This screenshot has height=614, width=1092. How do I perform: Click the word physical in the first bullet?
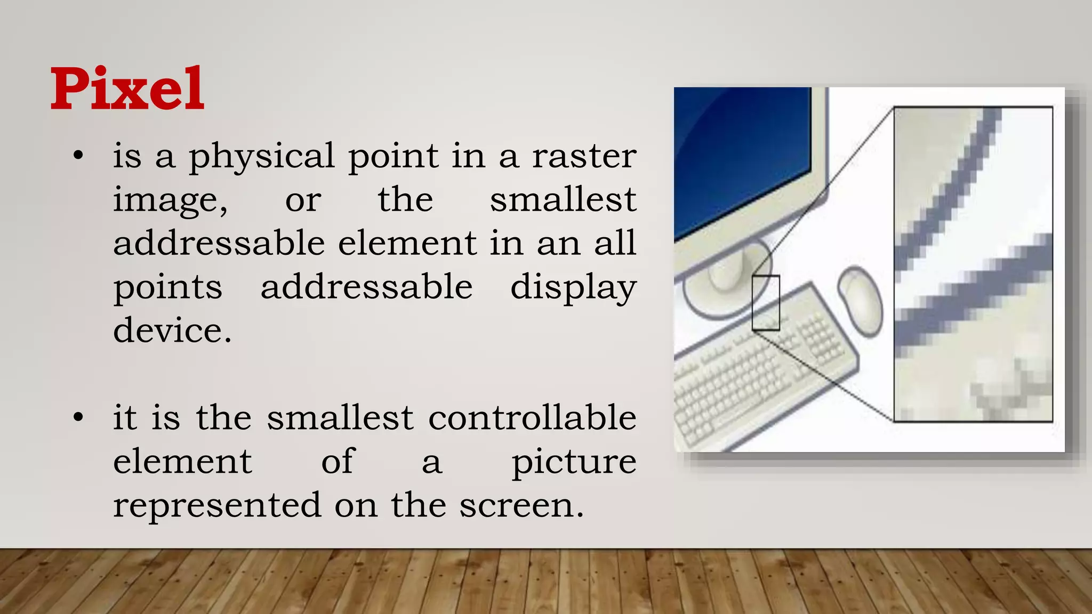pyautogui.click(x=261, y=157)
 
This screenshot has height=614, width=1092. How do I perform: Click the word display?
pyautogui.click(x=573, y=288)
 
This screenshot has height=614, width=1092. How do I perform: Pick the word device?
pyautogui.click(x=172, y=330)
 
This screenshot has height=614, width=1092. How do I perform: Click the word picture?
pyautogui.click(x=574, y=462)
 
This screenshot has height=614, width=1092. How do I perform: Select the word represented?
pyautogui.click(x=217, y=505)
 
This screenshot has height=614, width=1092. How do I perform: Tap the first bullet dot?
pyautogui.click(x=78, y=156)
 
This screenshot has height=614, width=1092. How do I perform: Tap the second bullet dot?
pyautogui.click(x=78, y=418)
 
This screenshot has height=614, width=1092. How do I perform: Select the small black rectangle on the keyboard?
pyautogui.click(x=766, y=303)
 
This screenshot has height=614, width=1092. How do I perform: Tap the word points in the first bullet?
pyautogui.click(x=167, y=288)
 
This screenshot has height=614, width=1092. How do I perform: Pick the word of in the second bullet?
pyautogui.click(x=337, y=462)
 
